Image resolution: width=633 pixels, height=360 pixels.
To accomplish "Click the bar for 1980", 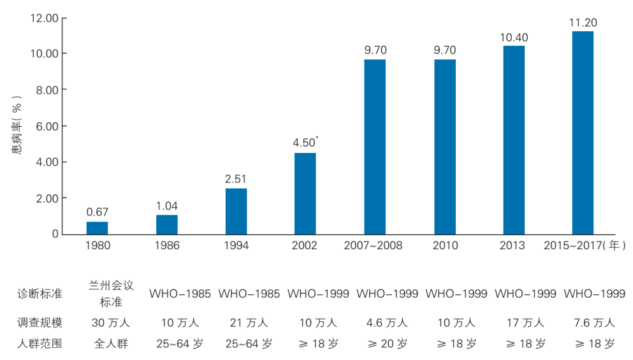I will tap(97, 227).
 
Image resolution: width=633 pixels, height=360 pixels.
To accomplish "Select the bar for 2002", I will tap(305, 193).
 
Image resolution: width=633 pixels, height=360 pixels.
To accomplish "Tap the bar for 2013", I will tap(514, 140).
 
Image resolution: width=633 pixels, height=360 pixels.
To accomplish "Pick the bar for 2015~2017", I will tap(583, 133).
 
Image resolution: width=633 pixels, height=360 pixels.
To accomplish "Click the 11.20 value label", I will tap(583, 23).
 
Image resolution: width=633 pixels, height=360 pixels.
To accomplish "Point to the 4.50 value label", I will tap(304, 143).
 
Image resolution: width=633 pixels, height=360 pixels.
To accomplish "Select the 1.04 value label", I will tap(166, 206).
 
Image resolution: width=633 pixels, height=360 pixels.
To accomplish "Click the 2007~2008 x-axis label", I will tap(373, 245).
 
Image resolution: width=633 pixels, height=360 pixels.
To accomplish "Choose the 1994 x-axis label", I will tap(236, 245).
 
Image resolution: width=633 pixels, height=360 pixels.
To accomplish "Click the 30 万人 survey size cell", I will tap(111, 322).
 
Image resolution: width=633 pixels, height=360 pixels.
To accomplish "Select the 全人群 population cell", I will tap(111, 343).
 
